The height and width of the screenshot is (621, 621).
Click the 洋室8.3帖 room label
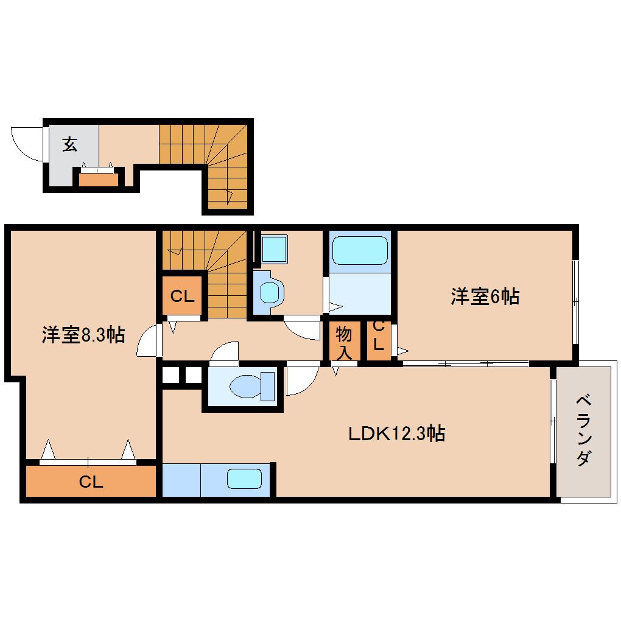83,334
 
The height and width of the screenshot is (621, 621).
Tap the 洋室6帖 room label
485,297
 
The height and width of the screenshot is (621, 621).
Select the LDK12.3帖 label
396,434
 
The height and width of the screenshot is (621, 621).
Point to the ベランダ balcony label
583,430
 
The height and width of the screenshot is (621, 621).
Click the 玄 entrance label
70,144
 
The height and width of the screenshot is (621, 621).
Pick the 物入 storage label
344,342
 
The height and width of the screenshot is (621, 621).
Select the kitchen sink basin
244,479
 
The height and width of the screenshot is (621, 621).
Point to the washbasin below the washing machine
269,291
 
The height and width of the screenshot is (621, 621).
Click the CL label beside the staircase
181,296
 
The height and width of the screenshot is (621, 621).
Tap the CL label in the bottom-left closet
91,482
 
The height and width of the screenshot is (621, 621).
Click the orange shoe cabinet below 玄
97,179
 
